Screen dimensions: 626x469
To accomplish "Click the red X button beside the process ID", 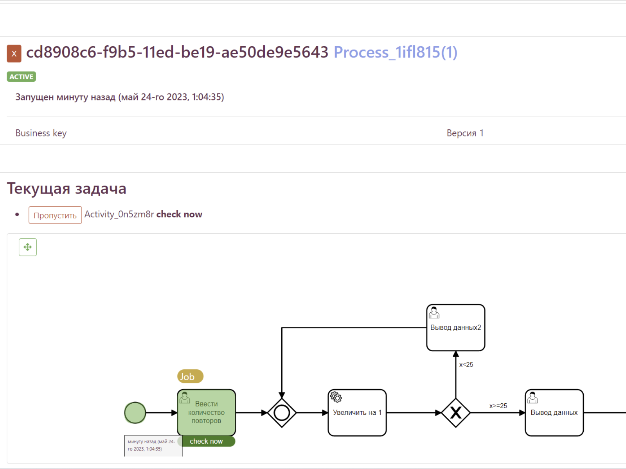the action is (14, 53).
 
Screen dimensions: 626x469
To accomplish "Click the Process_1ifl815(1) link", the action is (395, 52).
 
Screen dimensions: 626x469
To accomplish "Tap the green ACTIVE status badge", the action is (22, 77).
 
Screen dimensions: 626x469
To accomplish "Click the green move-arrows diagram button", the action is (28, 247).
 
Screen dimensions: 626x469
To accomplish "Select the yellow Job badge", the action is (190, 376).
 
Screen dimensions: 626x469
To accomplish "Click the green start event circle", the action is (135, 412).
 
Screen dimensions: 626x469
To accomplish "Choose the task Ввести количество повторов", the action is (206, 412).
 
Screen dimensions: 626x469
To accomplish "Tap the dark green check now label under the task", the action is (206, 441).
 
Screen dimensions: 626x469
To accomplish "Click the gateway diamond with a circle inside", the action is (281, 412).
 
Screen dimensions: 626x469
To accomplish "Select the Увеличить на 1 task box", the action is (357, 412).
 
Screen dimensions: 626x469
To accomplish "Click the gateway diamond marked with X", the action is (455, 412).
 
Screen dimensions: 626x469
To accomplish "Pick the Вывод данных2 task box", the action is (455, 328).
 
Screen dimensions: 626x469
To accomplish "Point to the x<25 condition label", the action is (466, 365).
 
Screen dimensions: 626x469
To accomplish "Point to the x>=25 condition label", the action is (498, 406).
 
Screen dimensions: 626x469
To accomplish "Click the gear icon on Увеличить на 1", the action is (336, 397).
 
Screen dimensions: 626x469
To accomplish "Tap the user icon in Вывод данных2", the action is (434, 312).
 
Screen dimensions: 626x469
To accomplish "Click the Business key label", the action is (41, 133).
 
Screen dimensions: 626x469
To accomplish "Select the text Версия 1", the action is (465, 133).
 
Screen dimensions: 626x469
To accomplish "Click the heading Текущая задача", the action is (67, 188).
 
